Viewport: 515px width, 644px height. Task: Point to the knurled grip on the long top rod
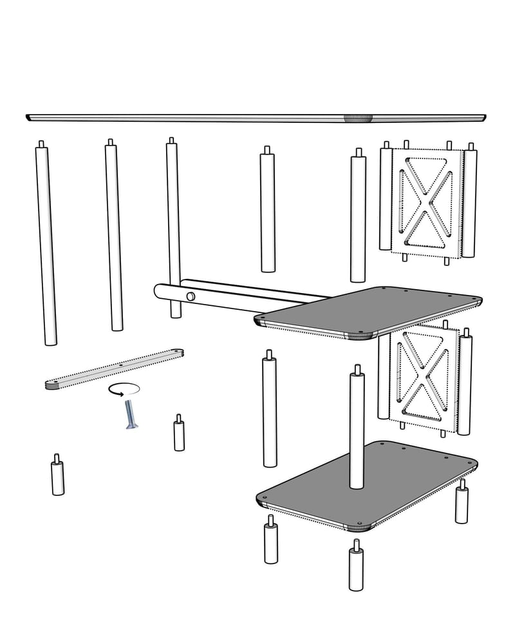(x=358, y=118)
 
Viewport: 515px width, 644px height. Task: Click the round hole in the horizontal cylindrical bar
(x=190, y=296)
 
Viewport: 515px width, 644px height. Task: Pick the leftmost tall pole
(x=46, y=245)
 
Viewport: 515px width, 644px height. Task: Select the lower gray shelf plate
(x=367, y=486)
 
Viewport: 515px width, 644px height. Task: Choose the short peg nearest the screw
(x=179, y=435)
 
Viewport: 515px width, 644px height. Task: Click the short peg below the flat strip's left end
(x=58, y=477)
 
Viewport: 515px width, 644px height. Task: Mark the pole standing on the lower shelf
(x=356, y=431)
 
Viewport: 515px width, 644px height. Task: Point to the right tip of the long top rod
(x=483, y=117)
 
